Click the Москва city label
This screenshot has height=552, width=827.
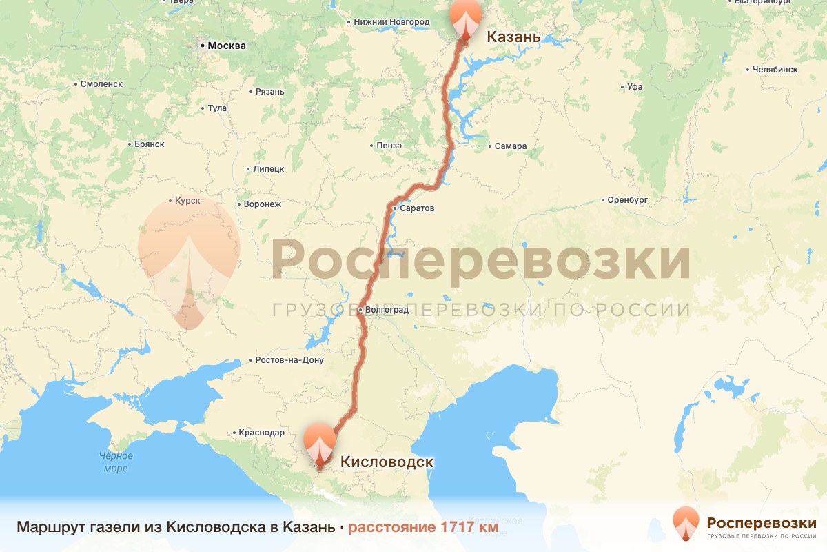pos(226,46)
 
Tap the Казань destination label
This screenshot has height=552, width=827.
pos(513,37)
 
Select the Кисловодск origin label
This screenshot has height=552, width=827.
pos(387,462)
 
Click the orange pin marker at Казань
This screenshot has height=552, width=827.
pos(465,19)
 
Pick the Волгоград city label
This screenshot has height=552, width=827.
pos(387,310)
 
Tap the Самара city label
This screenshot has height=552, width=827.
pos(510,146)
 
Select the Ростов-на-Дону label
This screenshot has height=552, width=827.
pos(289,360)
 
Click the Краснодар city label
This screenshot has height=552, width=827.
pos(261,433)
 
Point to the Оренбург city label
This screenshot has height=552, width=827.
pos(629,200)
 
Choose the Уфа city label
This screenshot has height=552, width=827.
pos(634,88)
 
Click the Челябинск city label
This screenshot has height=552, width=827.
pos(775,70)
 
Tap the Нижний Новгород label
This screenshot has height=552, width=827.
pos(391,22)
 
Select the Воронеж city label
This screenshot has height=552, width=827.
pos(262,204)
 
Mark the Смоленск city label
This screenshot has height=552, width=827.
pos(101,83)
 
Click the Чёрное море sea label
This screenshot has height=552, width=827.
pos(116,462)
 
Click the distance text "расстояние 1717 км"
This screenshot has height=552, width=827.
pos(422,527)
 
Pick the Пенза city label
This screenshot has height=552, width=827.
pos(389,146)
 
